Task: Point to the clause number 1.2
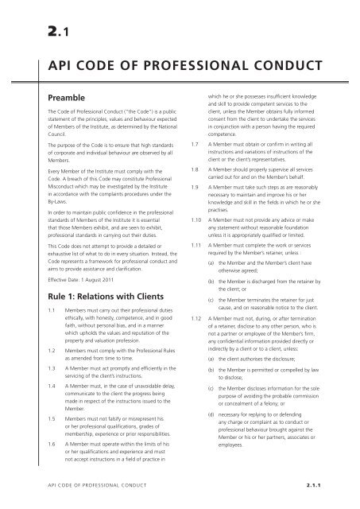pyautogui.click(x=31, y=372)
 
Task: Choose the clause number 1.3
pyautogui.click(x=31, y=391)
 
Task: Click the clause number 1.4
pyautogui.click(x=31, y=411)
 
